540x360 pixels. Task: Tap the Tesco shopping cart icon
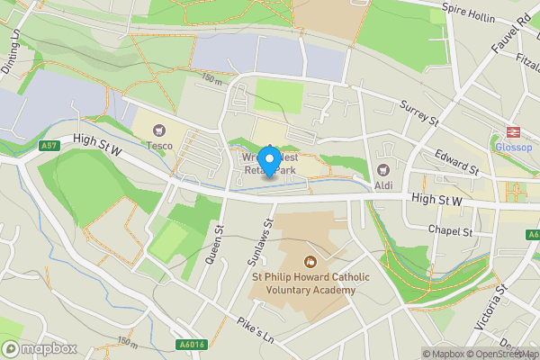tap(160, 130)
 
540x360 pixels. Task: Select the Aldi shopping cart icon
tap(383, 169)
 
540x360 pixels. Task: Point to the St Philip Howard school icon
tap(310, 262)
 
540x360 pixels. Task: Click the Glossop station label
tap(514, 148)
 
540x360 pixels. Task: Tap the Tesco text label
tap(160, 145)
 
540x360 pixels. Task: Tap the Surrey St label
tap(418, 113)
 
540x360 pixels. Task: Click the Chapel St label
tap(451, 231)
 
